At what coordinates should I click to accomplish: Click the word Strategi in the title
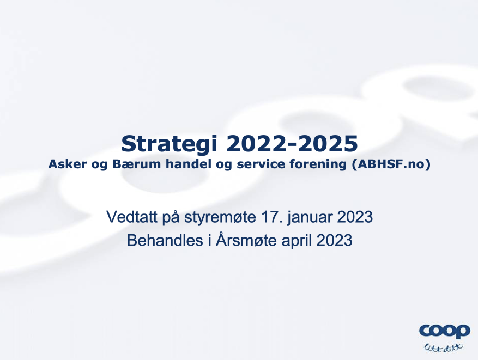(x=169, y=144)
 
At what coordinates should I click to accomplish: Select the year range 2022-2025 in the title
(x=292, y=144)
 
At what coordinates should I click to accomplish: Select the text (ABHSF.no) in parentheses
(x=391, y=164)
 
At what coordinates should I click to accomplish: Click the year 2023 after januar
(x=355, y=217)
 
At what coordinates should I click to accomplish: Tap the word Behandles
(x=165, y=240)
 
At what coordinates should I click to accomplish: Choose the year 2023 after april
(x=335, y=240)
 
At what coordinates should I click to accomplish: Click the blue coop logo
(x=445, y=331)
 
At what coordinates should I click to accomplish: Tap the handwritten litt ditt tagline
(x=444, y=347)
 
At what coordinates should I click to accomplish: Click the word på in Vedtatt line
(x=171, y=217)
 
